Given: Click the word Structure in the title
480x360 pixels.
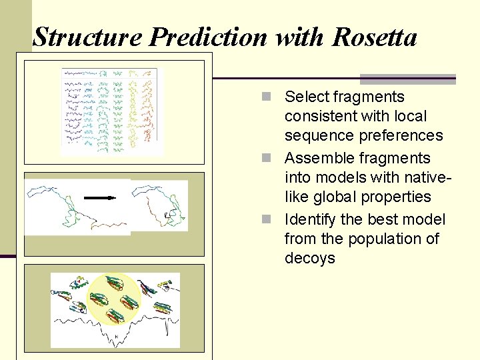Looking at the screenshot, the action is point(87,37).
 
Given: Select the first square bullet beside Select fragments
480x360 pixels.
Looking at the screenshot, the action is point(267,97).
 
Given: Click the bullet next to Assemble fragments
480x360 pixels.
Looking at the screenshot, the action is point(267,159).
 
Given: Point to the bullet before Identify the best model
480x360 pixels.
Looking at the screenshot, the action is point(267,220).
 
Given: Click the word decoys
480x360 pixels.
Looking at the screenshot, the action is point(309,259).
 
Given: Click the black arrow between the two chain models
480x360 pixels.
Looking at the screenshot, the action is point(101,198).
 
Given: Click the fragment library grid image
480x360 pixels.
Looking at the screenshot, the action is point(111,110).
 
